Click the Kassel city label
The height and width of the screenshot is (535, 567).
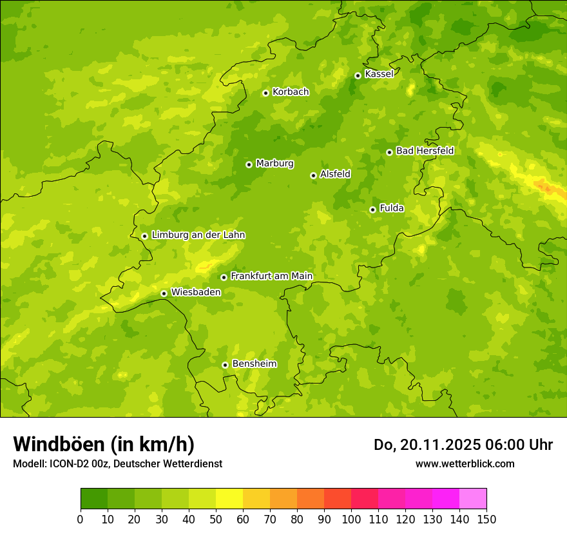tap(379, 74)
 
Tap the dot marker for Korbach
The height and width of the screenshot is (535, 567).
tap(265, 93)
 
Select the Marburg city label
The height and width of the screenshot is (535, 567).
tap(274, 164)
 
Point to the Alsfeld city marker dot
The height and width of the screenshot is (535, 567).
tap(313, 175)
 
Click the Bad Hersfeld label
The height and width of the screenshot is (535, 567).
tap(425, 151)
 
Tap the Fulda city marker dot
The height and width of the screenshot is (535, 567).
tap(372, 209)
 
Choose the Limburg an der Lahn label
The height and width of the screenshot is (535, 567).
tap(198, 235)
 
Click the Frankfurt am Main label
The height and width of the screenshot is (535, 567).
tap(271, 276)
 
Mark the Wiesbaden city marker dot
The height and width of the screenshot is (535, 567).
tap(164, 293)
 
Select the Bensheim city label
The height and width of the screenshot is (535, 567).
tap(254, 364)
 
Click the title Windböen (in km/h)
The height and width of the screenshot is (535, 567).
tap(104, 444)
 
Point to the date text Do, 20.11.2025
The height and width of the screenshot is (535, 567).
tap(429, 445)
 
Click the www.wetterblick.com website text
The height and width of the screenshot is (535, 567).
tap(465, 463)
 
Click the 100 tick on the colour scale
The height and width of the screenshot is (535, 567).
tap(351, 519)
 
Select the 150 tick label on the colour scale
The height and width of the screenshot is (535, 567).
tap(486, 519)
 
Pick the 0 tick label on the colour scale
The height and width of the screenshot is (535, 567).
tap(81, 519)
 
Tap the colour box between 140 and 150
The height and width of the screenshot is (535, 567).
tap(473, 499)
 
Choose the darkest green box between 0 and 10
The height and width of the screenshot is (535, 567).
tap(94, 499)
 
